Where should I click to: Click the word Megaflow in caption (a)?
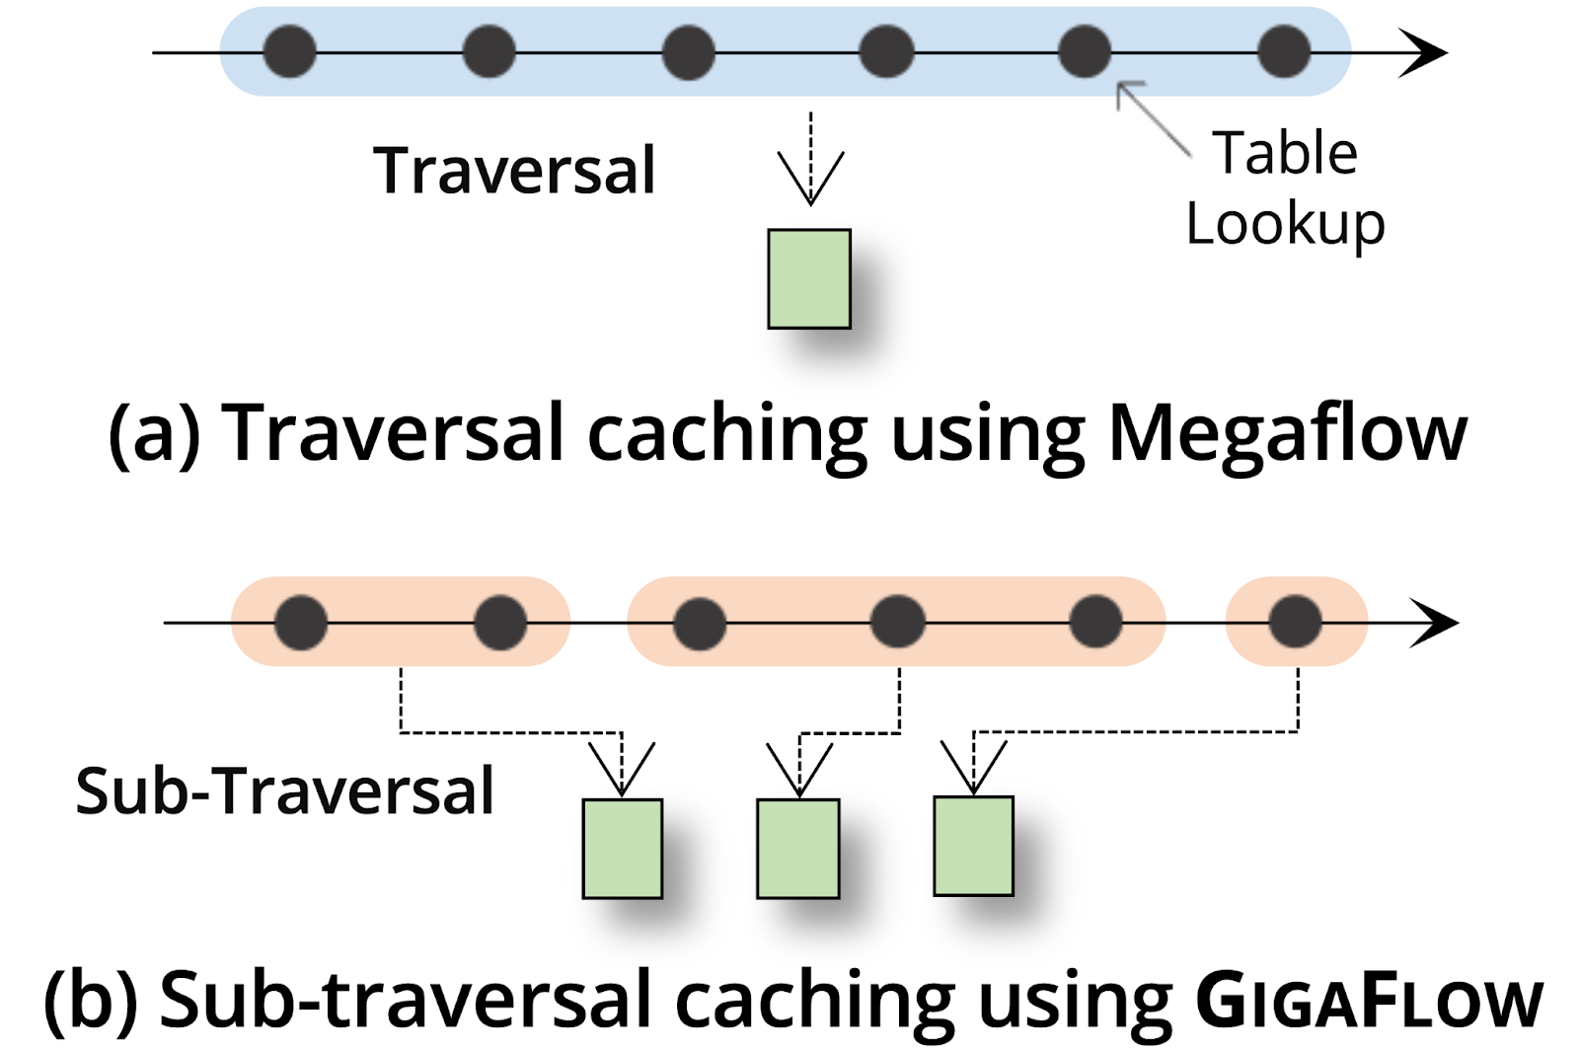point(1287,434)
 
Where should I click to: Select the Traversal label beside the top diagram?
point(513,171)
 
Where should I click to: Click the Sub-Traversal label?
point(284,791)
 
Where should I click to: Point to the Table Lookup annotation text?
point(1285,189)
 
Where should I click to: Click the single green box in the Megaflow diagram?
point(809,279)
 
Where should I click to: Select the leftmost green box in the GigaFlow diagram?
point(622,849)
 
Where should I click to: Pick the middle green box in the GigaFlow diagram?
point(797,849)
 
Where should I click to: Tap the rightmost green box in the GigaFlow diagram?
point(973,846)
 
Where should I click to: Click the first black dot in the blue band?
point(289,51)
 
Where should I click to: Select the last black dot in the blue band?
point(1284,51)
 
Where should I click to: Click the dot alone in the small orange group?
point(1295,622)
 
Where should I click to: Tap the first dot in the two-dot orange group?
point(301,622)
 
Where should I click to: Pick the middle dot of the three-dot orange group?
point(897,622)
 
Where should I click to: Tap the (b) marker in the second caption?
point(90,1001)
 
